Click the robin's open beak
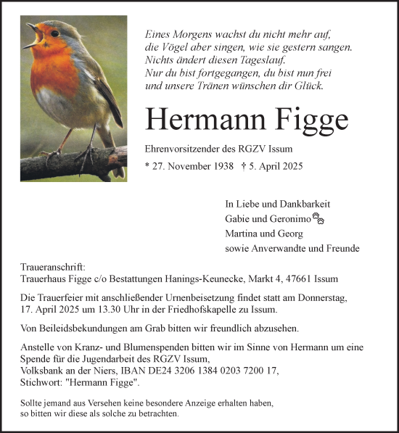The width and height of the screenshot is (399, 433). (x=33, y=34)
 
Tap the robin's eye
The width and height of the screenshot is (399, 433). (x=54, y=33)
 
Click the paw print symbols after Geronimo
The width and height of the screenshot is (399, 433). (x=318, y=217)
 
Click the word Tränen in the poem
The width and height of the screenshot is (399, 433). (x=207, y=86)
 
